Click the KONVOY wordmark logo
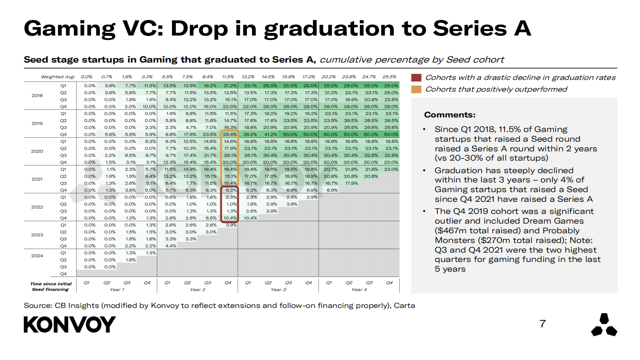[69, 324]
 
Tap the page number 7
[542, 324]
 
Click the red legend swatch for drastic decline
[416, 77]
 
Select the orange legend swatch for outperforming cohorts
[416, 89]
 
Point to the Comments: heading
[450, 115]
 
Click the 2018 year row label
[37, 96]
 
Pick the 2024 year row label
[37, 256]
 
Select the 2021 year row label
[37, 179]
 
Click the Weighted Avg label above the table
[58, 77]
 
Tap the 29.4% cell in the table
[230, 134]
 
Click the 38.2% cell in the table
[250, 134]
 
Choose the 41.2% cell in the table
[270, 134]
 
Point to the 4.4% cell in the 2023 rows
[171, 246]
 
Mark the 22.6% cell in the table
[391, 100]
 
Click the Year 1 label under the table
[117, 290]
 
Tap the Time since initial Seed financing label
[51, 287]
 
